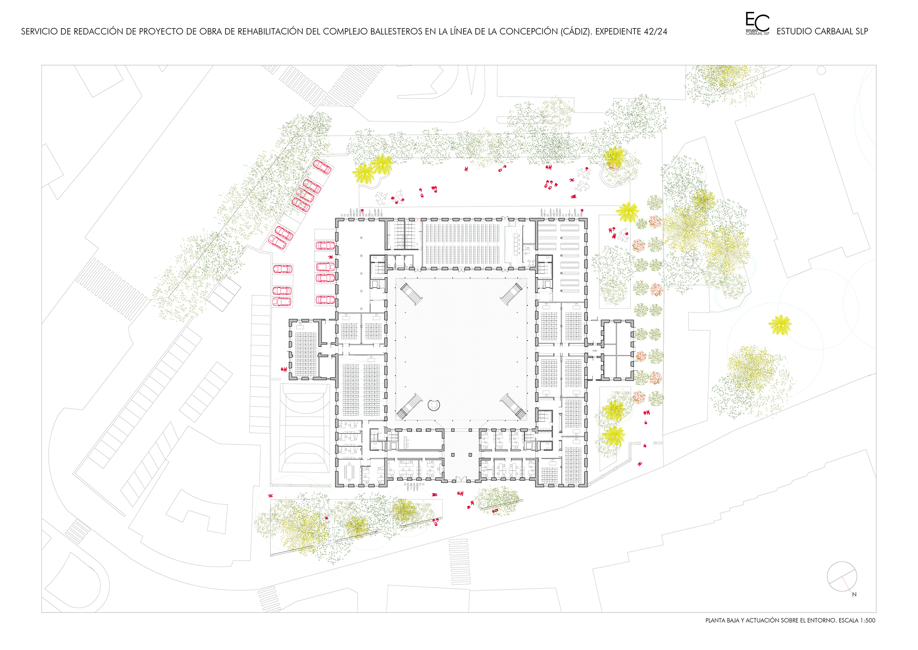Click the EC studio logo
[757, 23]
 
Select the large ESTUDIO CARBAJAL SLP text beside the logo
[822, 31]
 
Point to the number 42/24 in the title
[655, 31]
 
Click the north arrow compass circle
[842, 576]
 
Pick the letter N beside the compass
[854, 594]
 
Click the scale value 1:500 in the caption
[867, 620]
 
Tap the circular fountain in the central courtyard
[434, 405]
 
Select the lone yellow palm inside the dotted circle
[780, 325]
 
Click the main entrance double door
[461, 479]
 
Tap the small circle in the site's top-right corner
[821, 70]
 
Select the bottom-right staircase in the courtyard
[513, 405]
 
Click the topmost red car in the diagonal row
[322, 167]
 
